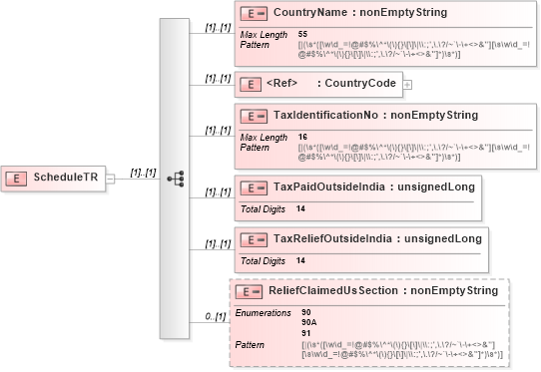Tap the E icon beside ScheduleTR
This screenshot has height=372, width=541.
pyautogui.click(x=17, y=178)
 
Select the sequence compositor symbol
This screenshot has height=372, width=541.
pyautogui.click(x=176, y=179)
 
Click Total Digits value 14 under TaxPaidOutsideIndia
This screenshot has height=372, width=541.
pyautogui.click(x=300, y=208)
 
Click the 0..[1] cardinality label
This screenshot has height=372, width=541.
pyautogui.click(x=214, y=315)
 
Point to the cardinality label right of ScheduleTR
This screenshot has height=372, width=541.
pyautogui.click(x=144, y=172)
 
